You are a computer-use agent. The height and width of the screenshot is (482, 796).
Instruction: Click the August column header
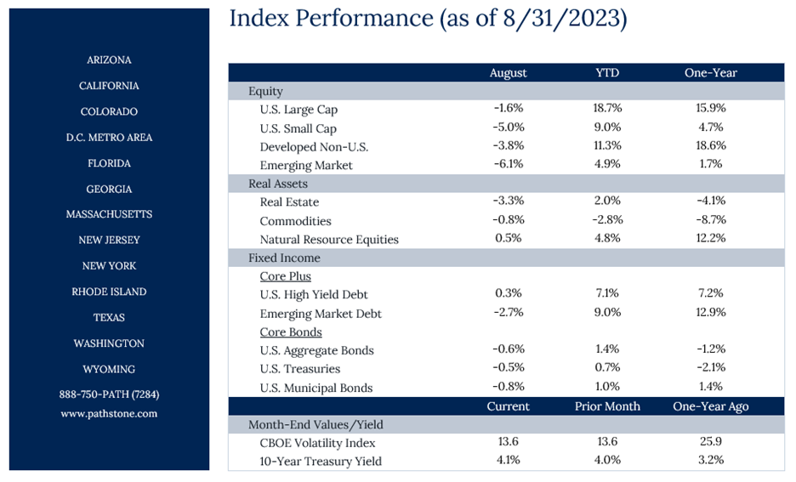[509, 73]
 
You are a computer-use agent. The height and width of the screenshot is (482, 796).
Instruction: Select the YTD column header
[607, 72]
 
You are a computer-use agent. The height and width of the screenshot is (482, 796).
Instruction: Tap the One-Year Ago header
[711, 406]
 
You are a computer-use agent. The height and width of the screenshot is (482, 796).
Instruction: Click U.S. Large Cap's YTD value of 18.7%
[607, 108]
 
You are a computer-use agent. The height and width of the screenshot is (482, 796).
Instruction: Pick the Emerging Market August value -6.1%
[509, 164]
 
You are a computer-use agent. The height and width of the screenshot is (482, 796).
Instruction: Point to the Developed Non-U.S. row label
[314, 147]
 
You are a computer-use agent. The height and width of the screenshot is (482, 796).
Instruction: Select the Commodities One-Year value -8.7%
[711, 219]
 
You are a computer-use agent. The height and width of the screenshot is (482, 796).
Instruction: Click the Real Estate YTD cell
[607, 201]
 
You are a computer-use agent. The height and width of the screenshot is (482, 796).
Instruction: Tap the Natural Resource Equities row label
[329, 240]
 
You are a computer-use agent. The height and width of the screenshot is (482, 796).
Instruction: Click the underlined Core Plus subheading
[285, 276]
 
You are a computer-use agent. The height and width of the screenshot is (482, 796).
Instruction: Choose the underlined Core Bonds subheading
[291, 332]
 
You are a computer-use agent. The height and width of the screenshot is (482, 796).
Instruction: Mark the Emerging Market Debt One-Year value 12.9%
[711, 312]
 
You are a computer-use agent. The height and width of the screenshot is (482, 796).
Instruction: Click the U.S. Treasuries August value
[509, 367]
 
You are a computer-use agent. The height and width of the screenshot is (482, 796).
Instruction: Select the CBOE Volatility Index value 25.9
[711, 441]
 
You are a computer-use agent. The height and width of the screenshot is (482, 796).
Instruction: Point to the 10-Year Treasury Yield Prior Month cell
[607, 460]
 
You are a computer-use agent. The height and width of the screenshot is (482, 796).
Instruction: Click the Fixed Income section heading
[284, 258]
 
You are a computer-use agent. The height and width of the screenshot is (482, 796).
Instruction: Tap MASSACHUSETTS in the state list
[109, 214]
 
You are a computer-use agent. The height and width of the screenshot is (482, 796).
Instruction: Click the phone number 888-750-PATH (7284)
[109, 394]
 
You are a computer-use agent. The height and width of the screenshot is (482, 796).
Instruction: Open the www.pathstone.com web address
[109, 413]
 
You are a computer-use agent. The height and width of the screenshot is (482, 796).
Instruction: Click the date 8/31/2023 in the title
[561, 19]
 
